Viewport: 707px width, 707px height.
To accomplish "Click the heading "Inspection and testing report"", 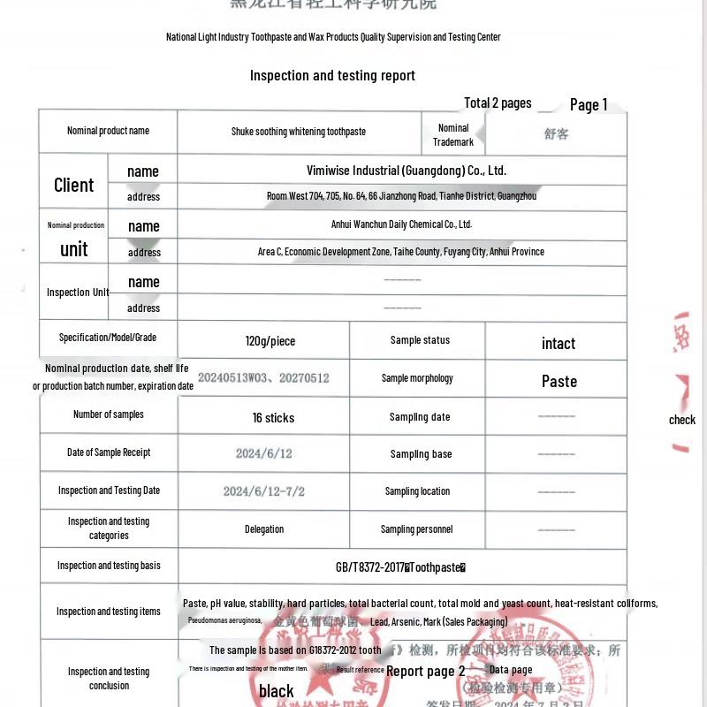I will click(332, 76).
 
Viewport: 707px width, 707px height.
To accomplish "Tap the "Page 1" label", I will click(589, 105).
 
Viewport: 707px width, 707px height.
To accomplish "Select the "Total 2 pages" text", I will click(498, 103).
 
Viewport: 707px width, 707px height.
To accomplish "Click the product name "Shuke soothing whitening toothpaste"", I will click(299, 132).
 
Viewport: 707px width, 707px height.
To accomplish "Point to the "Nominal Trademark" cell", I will click(453, 134).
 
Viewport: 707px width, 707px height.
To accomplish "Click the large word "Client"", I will click(73, 185).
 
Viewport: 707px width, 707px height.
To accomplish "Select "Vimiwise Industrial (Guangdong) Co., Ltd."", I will click(407, 171).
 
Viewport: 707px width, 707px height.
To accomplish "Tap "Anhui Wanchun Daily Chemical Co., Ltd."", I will click(401, 224).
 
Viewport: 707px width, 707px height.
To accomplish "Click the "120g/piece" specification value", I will click(270, 341).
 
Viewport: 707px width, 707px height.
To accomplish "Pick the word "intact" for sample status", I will click(559, 344).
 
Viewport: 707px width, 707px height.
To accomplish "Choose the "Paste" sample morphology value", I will click(559, 382).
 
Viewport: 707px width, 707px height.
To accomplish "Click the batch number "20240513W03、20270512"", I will click(263, 378).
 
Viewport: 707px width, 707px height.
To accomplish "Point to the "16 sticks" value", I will click(273, 418).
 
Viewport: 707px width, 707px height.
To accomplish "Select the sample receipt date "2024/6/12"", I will click(263, 453).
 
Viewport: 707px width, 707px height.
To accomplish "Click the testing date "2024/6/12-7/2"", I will click(263, 491).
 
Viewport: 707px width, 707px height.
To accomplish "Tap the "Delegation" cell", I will click(264, 529).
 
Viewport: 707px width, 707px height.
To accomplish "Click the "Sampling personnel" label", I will click(416, 529).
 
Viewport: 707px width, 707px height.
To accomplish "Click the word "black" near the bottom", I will click(277, 691).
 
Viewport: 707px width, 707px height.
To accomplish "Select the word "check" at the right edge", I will click(681, 420).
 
